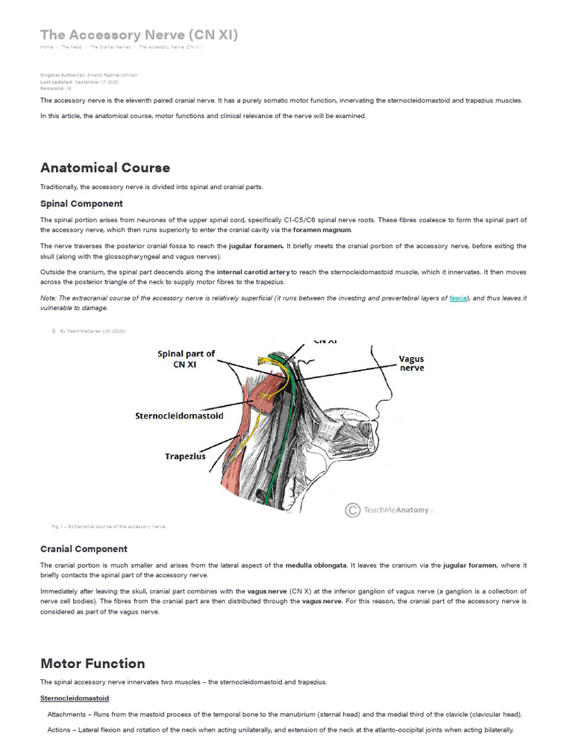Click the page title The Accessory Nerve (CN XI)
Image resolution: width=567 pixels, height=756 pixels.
click(x=139, y=35)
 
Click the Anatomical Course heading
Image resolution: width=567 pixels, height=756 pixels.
click(x=105, y=168)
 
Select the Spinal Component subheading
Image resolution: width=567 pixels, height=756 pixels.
click(x=81, y=204)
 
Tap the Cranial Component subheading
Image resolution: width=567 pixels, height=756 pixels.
click(x=83, y=549)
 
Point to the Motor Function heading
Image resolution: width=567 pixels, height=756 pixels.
click(x=92, y=663)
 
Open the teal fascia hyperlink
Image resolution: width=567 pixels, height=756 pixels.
click(x=458, y=298)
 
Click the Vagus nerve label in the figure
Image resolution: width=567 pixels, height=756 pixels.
click(x=411, y=363)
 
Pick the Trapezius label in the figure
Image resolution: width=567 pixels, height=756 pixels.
click(x=185, y=456)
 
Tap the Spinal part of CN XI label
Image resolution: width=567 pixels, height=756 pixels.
click(x=186, y=359)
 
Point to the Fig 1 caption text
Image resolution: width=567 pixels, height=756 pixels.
click(x=109, y=526)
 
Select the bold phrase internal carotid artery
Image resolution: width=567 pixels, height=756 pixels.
click(x=253, y=272)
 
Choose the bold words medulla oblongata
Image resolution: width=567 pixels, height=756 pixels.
click(x=317, y=566)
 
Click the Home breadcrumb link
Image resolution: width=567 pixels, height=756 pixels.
click(x=47, y=47)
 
